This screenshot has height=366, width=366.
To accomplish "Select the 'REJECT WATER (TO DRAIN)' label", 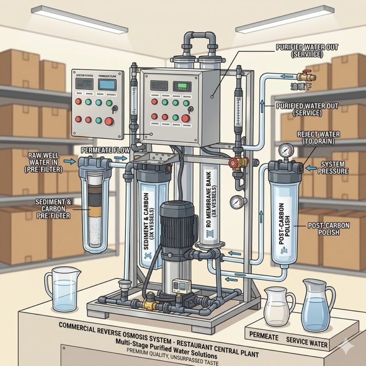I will (x=316, y=139).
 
